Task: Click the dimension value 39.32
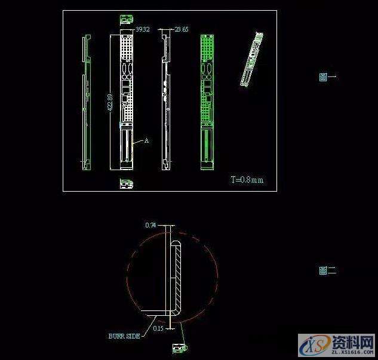pos(143,29)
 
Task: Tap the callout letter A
pos(146,141)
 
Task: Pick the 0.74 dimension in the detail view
pos(150,225)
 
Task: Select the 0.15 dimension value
pos(158,328)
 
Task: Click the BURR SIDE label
pos(124,336)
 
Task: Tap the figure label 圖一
pos(328,76)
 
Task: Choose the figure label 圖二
pos(328,270)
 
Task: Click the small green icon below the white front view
pos(125,183)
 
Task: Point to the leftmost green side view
pos(86,101)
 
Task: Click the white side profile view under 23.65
pos(165,101)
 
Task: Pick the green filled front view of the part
pos(207,101)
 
